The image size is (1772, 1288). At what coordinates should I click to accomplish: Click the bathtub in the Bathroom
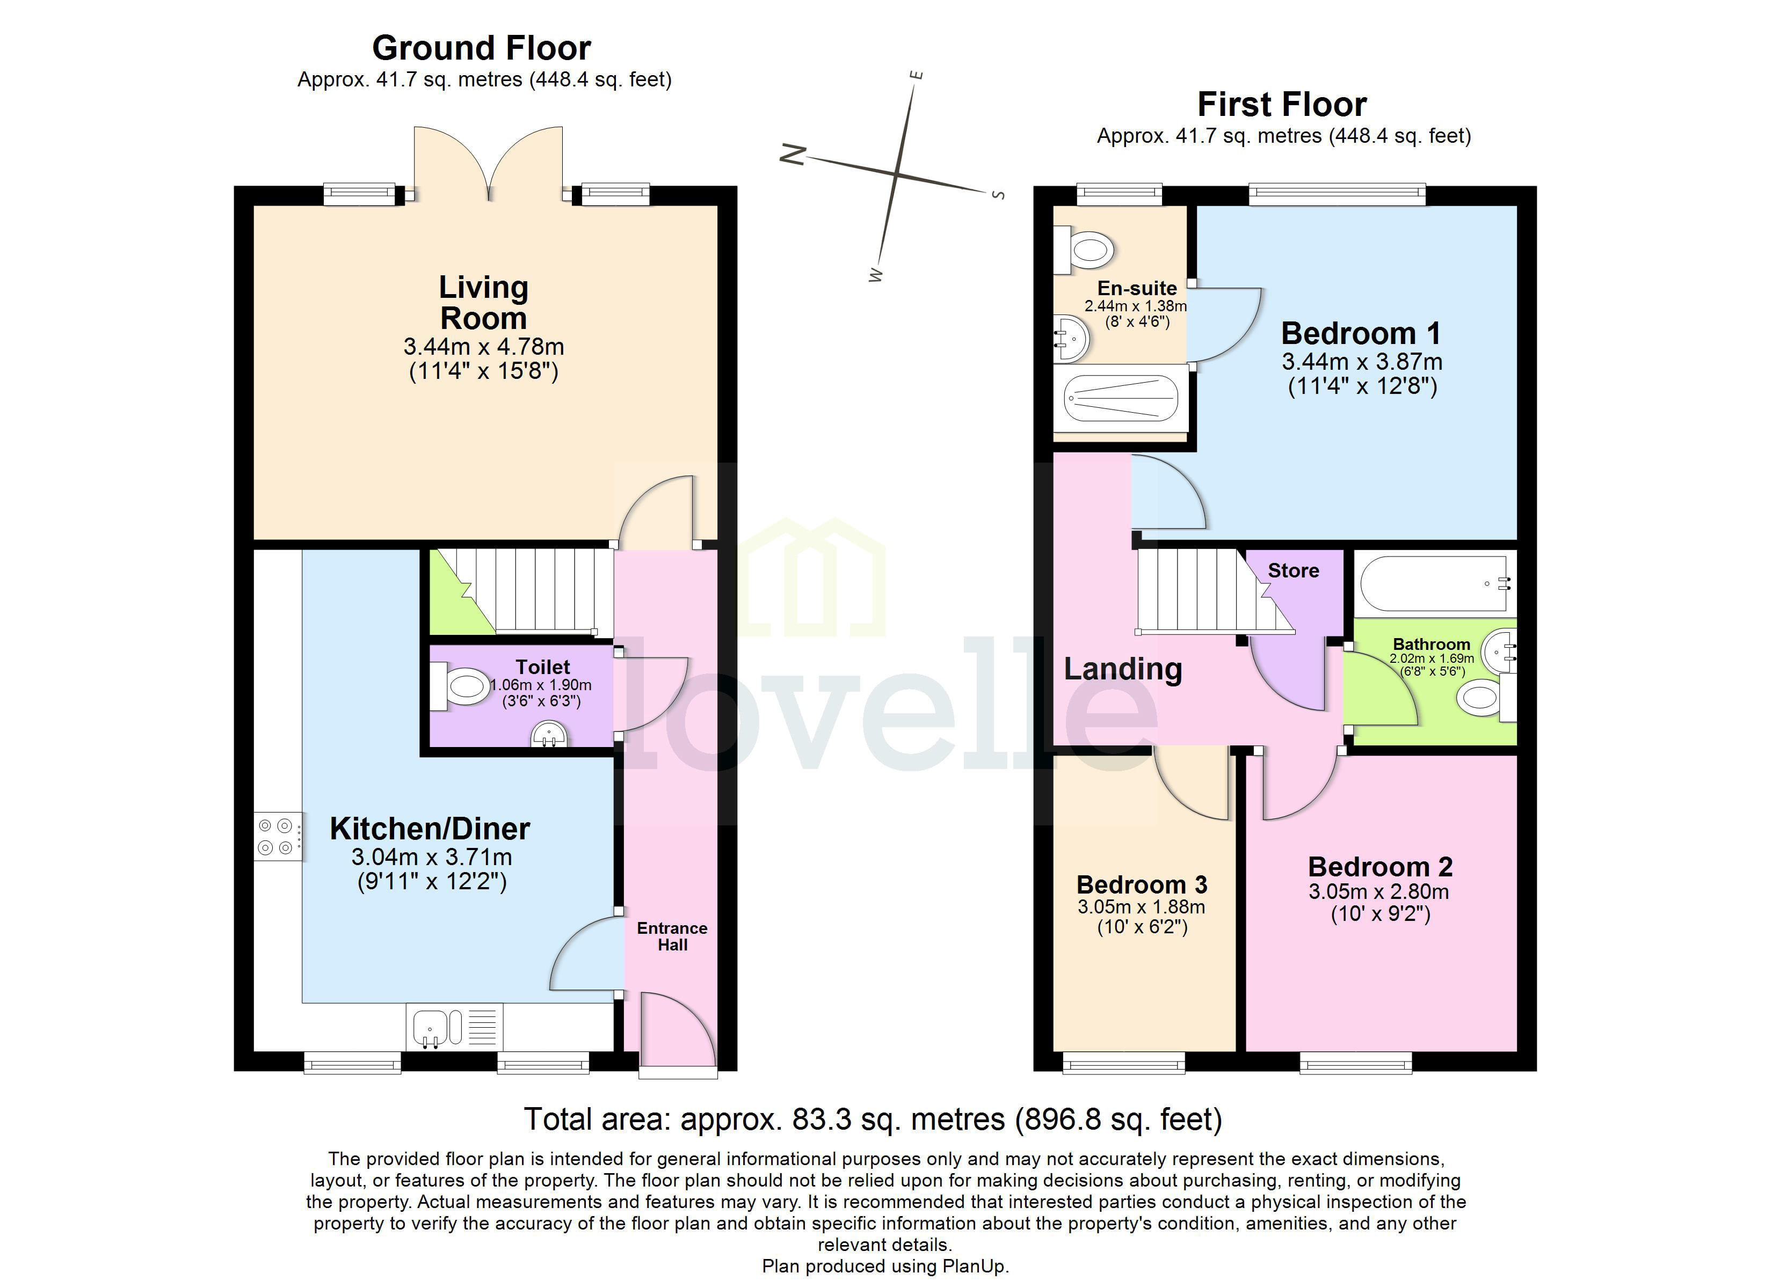[1433, 583]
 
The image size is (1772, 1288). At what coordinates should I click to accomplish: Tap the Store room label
[1293, 571]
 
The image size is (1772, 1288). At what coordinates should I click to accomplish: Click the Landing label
[1123, 669]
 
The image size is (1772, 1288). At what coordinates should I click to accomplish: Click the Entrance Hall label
[672, 936]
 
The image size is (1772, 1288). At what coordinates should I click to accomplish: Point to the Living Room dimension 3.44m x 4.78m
[484, 346]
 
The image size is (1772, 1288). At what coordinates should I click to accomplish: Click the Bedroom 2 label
[1380, 867]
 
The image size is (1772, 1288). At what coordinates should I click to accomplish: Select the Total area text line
[872, 1119]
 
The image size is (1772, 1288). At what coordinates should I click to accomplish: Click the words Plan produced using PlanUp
[885, 1266]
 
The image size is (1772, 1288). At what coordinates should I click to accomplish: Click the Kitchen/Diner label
[430, 829]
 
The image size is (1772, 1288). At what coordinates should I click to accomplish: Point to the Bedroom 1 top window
[1337, 194]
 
